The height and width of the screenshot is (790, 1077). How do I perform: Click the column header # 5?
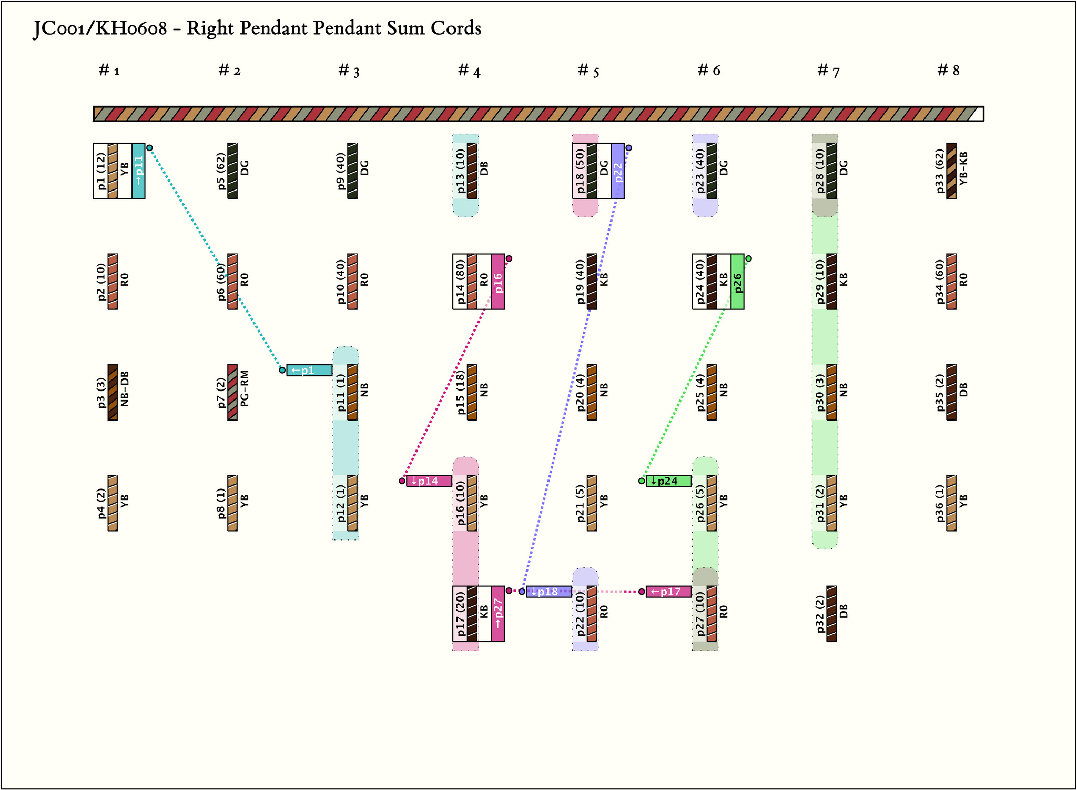coord(588,71)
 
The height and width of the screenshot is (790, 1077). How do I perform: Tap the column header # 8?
coord(948,71)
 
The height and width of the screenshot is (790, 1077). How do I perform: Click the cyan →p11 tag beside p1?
coord(138,171)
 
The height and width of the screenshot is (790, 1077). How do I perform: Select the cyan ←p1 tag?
coord(309,371)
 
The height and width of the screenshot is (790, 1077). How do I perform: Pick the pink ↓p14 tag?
coord(429,481)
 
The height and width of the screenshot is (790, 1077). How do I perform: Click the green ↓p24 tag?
coord(668,481)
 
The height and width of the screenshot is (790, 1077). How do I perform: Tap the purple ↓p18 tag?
coord(548,592)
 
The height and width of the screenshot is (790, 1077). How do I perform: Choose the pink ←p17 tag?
coord(668,592)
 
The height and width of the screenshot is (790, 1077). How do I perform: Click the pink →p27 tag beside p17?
coord(498,614)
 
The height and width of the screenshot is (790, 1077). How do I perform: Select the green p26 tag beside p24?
coord(737,282)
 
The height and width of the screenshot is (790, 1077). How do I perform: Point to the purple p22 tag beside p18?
coord(617,171)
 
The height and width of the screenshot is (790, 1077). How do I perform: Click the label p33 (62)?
coord(940,171)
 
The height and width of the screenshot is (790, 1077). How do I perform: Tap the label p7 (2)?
coord(221,393)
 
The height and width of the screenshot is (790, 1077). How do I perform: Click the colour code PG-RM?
coord(245,393)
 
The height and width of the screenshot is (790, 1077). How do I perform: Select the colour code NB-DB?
coord(125,393)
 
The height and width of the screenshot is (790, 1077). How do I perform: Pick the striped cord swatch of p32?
coord(831,614)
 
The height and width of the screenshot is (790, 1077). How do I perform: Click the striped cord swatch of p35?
coord(951,393)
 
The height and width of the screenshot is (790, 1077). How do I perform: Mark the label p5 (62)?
coord(221,171)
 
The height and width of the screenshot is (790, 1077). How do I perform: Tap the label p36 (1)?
coord(940,503)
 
